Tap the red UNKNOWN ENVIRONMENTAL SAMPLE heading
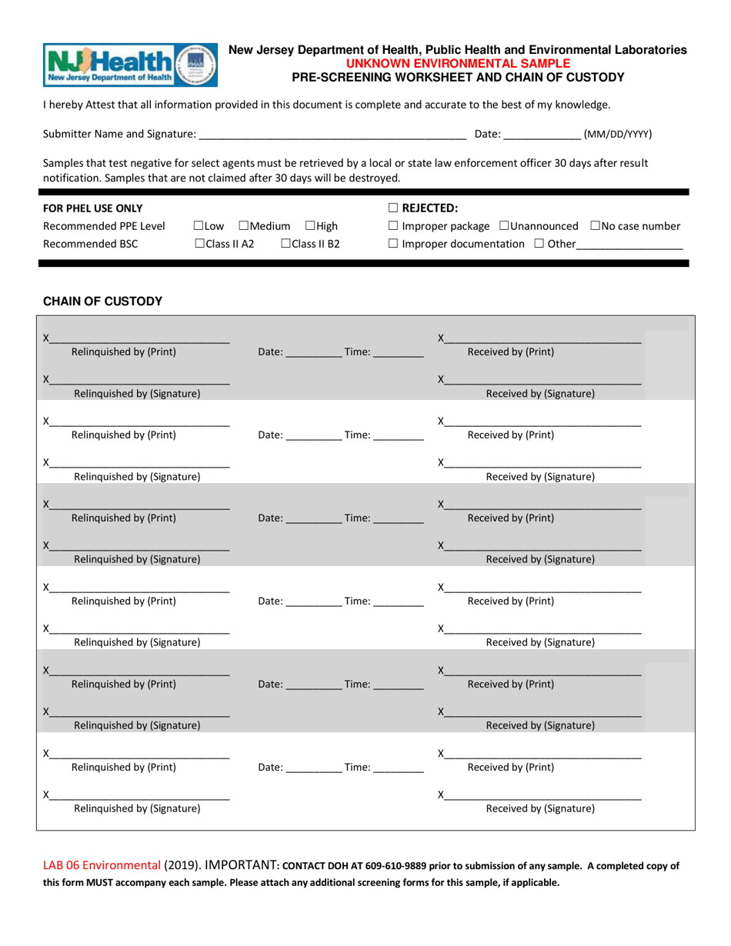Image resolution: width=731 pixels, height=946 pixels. coord(458,63)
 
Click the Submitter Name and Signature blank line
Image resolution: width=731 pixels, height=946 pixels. coord(332,134)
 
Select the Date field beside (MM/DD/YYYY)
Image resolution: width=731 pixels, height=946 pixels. coord(542,134)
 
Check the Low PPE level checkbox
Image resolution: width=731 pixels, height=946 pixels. coord(199,226)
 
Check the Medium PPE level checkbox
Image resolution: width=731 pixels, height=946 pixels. coord(243,226)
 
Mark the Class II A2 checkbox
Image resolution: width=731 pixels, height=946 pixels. coord(199,244)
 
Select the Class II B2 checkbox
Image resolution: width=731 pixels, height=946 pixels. coord(285,244)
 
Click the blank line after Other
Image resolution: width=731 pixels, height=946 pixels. coord(629,245)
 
